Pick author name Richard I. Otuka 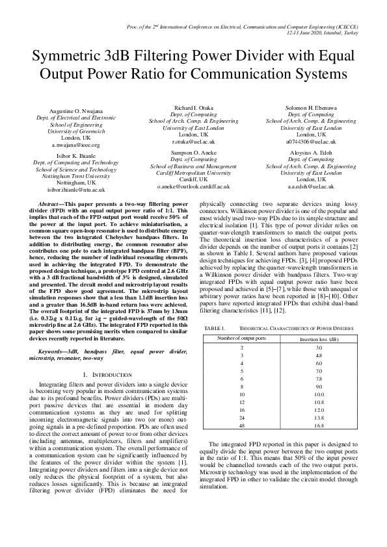193,107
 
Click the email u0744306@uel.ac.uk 311,140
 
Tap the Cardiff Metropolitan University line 193,173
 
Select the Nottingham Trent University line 75,176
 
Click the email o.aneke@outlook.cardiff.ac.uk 193,186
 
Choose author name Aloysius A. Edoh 311,153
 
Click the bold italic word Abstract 52,203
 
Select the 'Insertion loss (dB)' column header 319,339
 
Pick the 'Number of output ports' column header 242,338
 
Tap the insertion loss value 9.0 319,387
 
